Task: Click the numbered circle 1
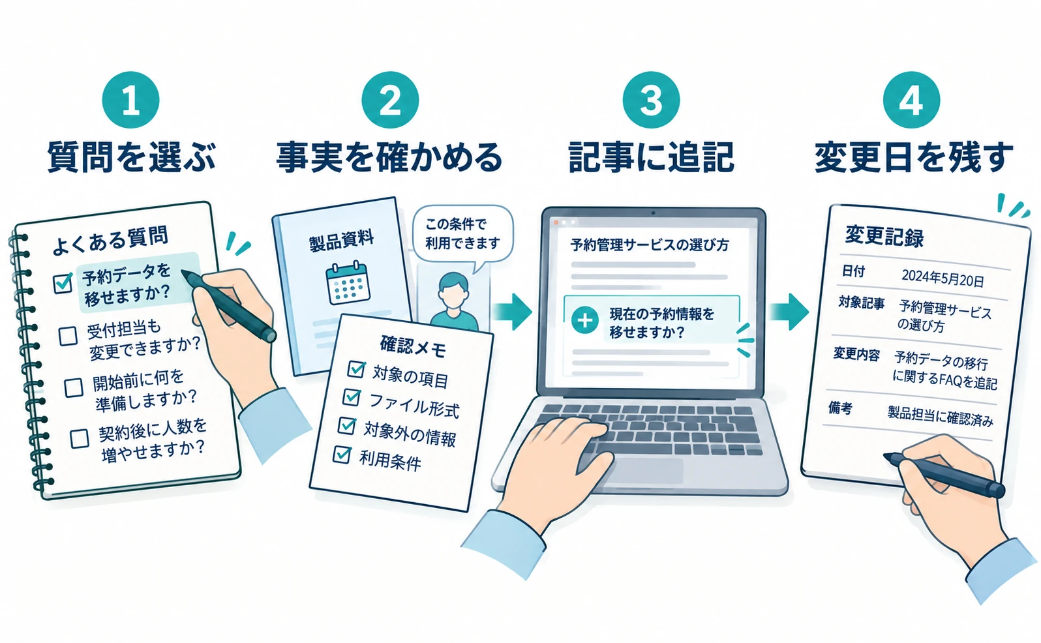click(130, 100)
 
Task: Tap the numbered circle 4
click(911, 100)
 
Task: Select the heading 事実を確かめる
click(389, 157)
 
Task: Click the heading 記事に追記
click(651, 157)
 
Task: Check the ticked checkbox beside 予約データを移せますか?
click(63, 282)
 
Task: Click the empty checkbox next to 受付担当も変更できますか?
click(68, 335)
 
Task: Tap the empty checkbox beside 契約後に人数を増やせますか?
click(79, 438)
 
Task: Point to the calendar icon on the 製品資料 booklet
click(348, 283)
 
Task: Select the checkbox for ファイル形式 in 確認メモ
click(352, 397)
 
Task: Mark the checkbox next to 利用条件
click(342, 454)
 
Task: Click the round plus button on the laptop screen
click(584, 320)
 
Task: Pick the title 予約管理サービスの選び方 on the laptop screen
click(649, 245)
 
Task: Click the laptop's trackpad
click(651, 471)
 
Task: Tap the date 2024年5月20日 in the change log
click(943, 278)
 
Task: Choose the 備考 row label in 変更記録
click(840, 408)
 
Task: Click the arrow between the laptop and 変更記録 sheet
click(788, 312)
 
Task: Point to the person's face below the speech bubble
click(453, 292)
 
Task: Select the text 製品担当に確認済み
click(940, 416)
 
